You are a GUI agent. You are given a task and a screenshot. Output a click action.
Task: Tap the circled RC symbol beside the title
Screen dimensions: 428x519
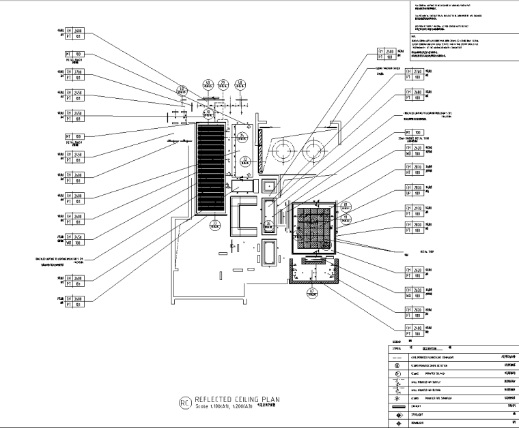183,403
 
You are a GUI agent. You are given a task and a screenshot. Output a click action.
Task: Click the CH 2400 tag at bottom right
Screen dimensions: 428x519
414,333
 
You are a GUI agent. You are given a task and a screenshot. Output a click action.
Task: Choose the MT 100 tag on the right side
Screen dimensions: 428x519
414,132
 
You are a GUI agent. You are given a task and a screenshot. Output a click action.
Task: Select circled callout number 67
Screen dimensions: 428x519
312,292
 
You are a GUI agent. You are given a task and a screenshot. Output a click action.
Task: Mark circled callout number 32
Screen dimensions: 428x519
243,162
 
